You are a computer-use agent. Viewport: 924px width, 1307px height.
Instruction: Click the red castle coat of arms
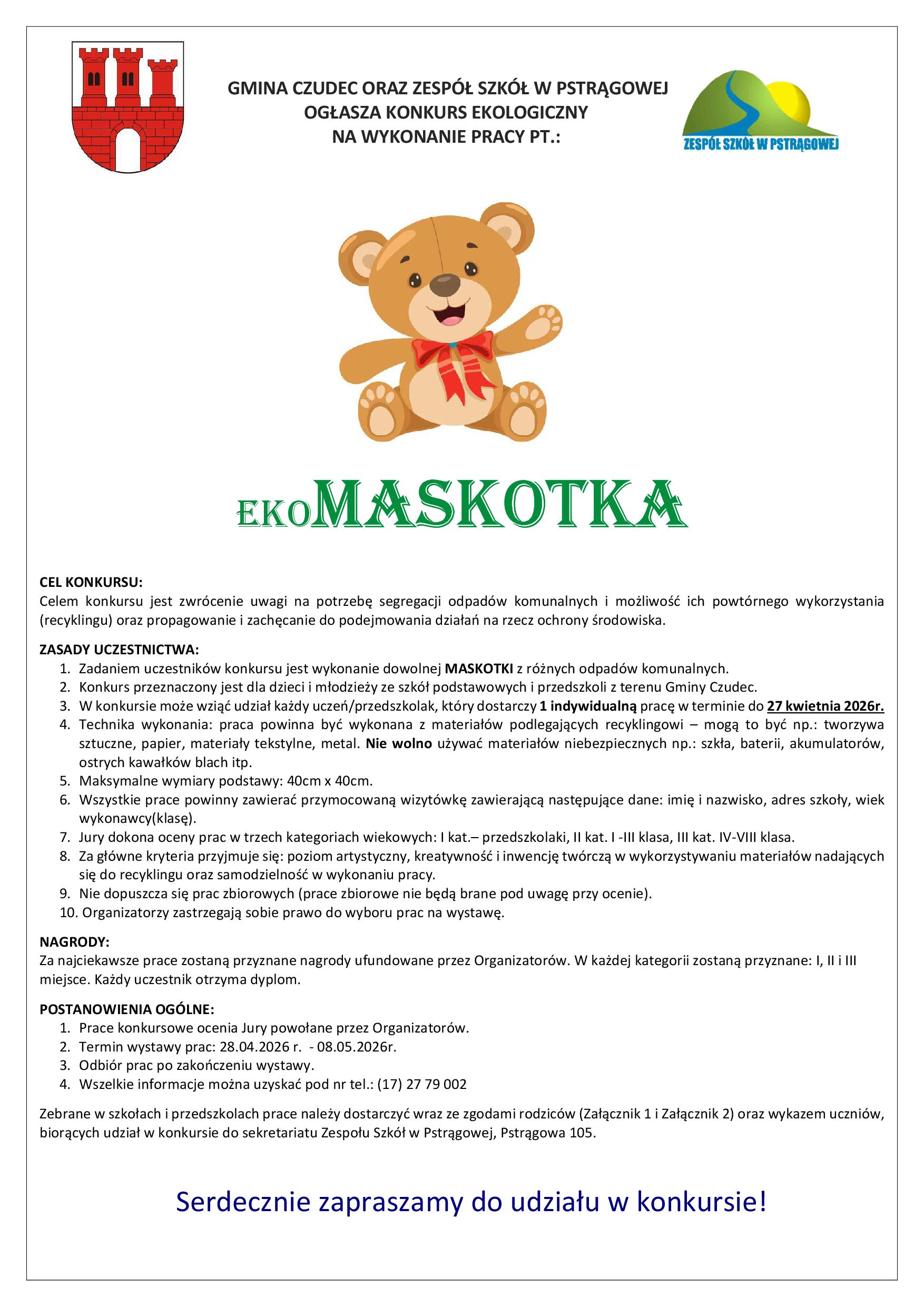coord(127,106)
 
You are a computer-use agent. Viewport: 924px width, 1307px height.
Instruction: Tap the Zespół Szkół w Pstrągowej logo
coord(761,111)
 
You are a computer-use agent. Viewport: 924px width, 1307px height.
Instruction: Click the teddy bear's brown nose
coord(445,284)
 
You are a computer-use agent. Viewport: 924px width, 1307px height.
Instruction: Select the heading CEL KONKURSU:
coord(91,582)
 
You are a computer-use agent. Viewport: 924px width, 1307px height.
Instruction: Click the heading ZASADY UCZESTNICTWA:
coord(119,650)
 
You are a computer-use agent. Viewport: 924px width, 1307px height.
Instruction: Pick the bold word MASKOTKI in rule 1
coord(479,669)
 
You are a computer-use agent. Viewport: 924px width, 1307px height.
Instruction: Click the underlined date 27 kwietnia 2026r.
coord(825,706)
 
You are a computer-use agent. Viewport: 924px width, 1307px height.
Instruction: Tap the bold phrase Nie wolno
coord(399,743)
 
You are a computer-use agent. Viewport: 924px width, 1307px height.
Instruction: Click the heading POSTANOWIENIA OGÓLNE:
coord(127,1009)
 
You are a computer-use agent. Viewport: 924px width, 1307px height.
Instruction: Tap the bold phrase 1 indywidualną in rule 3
coord(588,706)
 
